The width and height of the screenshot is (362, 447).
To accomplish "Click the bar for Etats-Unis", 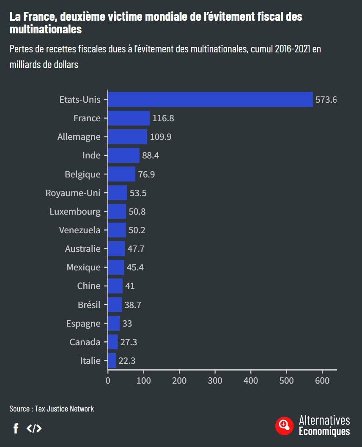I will pos(210,100).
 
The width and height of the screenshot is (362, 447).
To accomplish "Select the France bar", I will pos(129,118).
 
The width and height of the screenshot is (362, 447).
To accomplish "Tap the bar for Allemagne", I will pos(128,137).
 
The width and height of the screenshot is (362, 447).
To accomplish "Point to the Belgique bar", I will pos(122,174).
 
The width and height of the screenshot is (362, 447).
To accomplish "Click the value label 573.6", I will pos(326,100).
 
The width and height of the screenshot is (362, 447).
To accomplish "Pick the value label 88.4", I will pos(151,156).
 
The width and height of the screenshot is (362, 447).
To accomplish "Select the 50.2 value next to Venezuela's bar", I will pos(137,230).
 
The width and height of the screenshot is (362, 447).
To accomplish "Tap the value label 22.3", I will pos(127,361).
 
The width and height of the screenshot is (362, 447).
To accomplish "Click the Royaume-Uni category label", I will pos(73,193).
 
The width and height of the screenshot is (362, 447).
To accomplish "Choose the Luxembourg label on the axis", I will pos(75,212).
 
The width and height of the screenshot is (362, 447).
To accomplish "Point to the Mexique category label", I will pos(83,267).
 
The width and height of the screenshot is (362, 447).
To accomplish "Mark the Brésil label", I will pos(89,305).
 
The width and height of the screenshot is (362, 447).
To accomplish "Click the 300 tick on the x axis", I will pos(215,380).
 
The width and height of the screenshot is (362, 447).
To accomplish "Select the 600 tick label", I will pos(322,380).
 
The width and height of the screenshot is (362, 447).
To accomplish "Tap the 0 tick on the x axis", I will pos(108,380).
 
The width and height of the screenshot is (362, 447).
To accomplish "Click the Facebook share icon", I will pos(16,429).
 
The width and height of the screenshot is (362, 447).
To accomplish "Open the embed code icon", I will pos(34,428).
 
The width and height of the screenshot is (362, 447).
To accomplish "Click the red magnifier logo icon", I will pos(284,425).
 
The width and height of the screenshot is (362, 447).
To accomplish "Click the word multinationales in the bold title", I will pos(46,30).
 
